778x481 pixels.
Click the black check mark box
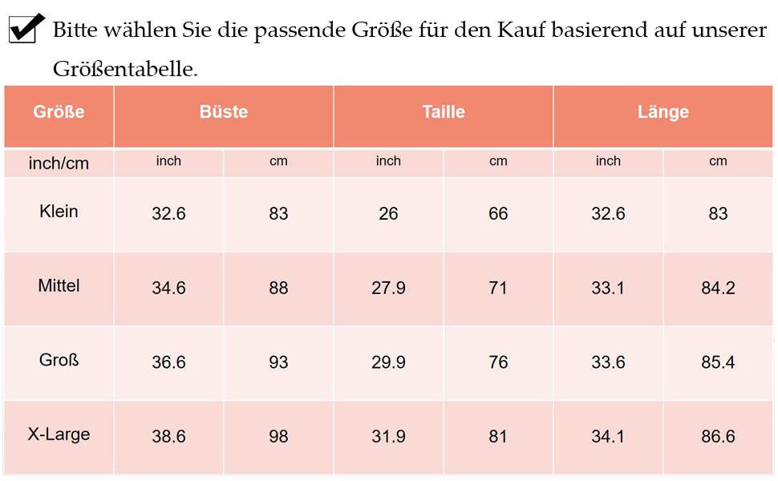25,29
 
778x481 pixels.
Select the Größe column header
59,112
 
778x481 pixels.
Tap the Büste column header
224,112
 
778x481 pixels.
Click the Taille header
444,112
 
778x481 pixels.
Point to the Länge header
663,112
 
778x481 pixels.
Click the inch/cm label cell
59,164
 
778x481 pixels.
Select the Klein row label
59,212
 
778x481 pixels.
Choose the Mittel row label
59,286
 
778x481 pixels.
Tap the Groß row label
59,360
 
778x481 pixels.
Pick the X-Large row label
59,435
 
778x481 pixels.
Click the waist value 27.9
388,288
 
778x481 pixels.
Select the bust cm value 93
278,362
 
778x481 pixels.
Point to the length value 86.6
718,437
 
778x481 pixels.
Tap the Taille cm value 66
498,214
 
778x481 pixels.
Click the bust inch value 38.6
168,437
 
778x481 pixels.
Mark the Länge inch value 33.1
608,288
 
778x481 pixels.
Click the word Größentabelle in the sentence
125,69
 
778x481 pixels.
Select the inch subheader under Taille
388,161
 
